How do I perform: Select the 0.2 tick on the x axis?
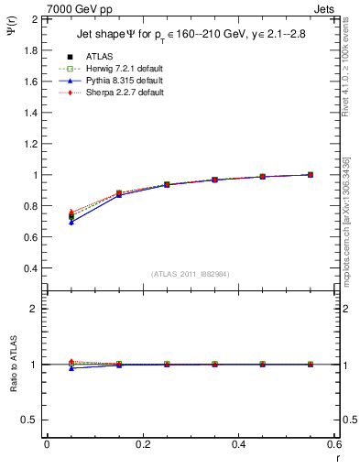[143, 445]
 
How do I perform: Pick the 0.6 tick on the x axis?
[334, 445]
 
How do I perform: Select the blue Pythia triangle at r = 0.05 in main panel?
[71, 223]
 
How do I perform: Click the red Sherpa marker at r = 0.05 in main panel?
[71, 212]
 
